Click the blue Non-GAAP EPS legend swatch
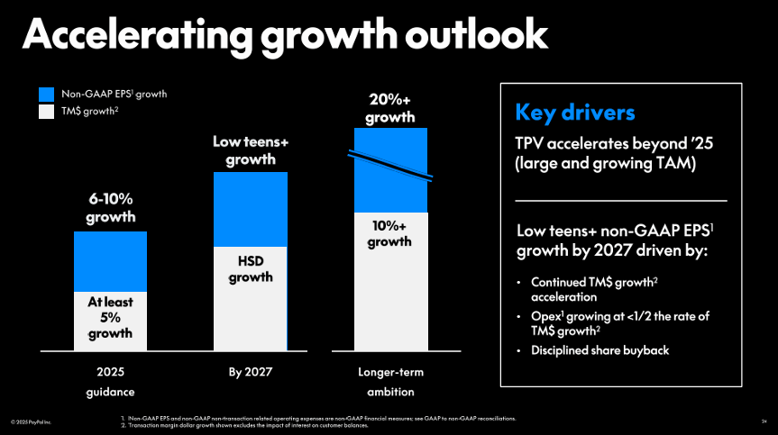47,94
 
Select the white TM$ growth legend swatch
47,112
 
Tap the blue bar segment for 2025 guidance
110,260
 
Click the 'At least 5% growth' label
110,318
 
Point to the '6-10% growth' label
110,208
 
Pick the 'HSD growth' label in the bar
250,268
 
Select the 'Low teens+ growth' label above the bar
250,150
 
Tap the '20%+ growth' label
389,108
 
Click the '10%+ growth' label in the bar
389,232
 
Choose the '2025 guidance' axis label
110,382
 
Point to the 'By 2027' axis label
250,372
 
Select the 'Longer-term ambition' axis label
389,382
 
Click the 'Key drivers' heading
574,113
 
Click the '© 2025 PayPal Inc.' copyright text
31,421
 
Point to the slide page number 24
764,421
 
